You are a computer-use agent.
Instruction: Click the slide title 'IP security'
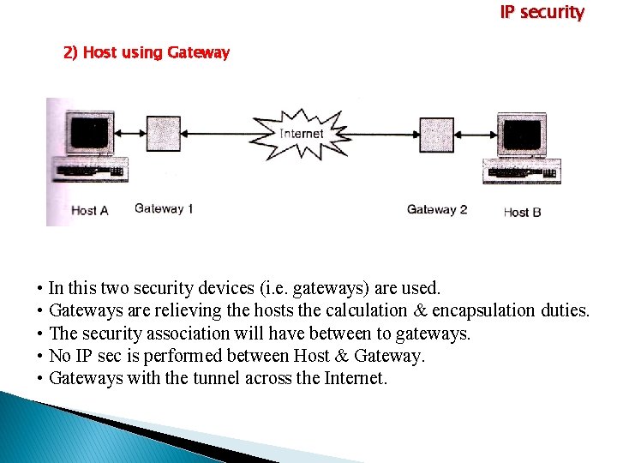[x=542, y=13]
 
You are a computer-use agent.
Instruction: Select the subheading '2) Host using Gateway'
[x=147, y=53]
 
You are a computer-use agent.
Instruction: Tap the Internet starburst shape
[x=301, y=134]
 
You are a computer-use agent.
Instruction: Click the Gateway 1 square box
[x=164, y=133]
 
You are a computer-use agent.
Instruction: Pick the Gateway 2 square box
[x=436, y=134]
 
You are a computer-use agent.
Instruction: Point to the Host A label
[x=89, y=210]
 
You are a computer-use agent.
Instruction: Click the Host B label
[x=522, y=212]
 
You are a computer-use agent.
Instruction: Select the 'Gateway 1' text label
[x=164, y=208]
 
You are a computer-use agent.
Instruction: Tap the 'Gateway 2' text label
[x=436, y=209]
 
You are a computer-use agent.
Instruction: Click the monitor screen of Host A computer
[x=89, y=133]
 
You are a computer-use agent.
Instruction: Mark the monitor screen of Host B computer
[x=523, y=135]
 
